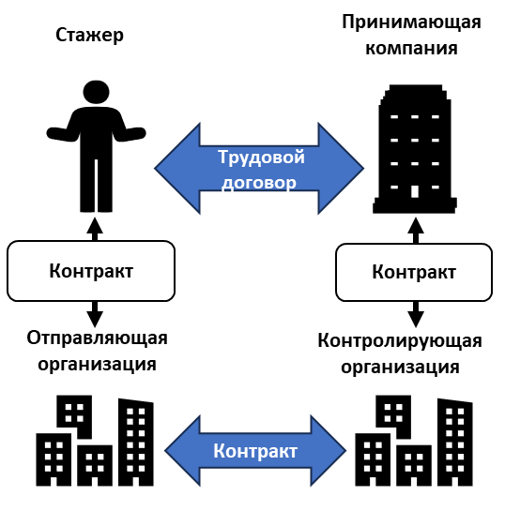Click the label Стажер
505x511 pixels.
click(89, 35)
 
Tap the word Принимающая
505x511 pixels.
click(411, 23)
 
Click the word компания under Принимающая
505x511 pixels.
click(411, 48)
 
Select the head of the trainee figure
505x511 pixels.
click(96, 92)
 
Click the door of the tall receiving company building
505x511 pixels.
click(415, 191)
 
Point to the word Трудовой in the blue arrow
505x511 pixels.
click(261, 158)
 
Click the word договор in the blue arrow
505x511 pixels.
click(259, 183)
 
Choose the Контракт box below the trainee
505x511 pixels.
click(91, 271)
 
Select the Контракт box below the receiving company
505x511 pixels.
click(414, 272)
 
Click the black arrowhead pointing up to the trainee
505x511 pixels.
click(95, 226)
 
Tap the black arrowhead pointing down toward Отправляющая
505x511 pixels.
click(95, 319)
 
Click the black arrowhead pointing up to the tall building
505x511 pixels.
click(416, 226)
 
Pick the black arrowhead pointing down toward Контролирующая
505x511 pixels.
click(416, 319)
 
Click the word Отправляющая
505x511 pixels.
click(97, 338)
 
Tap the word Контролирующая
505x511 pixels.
click(400, 341)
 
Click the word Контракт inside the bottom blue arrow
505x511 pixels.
click(255, 451)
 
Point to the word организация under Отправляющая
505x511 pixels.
click(97, 365)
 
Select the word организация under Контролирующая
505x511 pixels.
click(400, 368)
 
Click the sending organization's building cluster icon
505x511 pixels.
click(95, 441)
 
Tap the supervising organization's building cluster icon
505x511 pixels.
click(414, 441)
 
